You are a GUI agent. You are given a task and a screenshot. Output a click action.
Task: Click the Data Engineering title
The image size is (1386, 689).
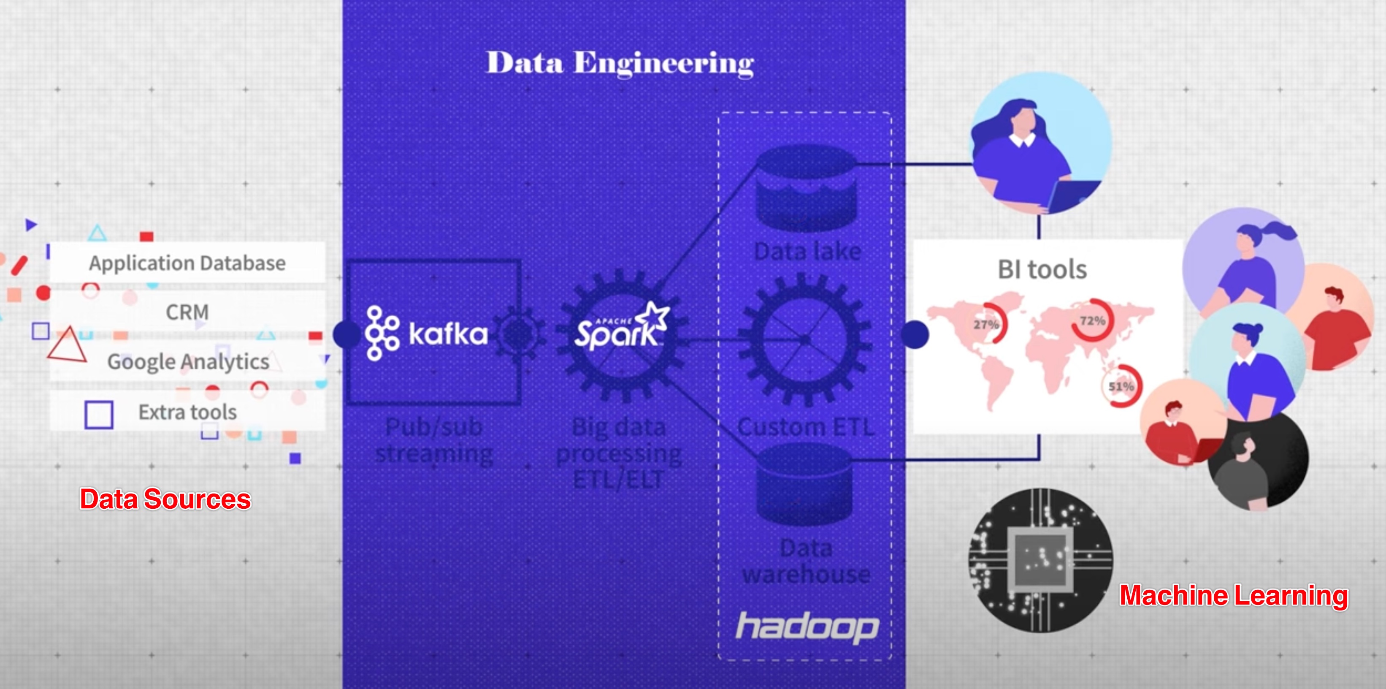pyautogui.click(x=620, y=63)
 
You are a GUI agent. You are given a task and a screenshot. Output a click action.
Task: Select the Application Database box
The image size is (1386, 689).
pyautogui.click(x=187, y=263)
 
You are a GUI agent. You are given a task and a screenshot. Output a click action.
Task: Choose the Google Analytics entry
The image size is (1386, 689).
pyautogui.click(x=188, y=362)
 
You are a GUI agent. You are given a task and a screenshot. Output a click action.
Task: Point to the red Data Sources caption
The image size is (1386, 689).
pyautogui.click(x=165, y=499)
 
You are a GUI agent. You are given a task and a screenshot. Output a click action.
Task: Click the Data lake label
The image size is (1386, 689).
pyautogui.click(x=807, y=251)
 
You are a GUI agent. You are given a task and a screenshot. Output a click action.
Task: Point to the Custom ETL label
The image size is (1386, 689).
pyautogui.click(x=805, y=427)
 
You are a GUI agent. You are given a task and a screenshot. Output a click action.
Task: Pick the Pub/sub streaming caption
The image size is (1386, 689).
pyautogui.click(x=434, y=440)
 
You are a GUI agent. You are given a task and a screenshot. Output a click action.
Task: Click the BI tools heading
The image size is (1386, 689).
pyautogui.click(x=1042, y=269)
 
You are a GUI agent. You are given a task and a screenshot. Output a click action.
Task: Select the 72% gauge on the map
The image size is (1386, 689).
pyautogui.click(x=1092, y=321)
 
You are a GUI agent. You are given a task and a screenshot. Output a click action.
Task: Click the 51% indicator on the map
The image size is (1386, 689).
pyautogui.click(x=1121, y=386)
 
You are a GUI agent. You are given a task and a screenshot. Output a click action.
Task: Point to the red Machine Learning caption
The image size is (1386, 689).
pyautogui.click(x=1234, y=595)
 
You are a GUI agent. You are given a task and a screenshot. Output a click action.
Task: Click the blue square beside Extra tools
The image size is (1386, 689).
pyautogui.click(x=99, y=415)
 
